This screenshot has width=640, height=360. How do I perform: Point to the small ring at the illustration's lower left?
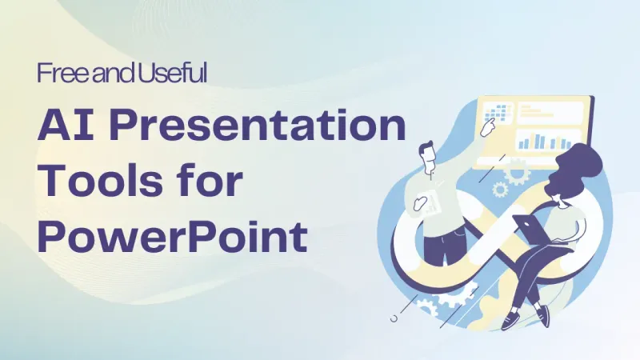(393, 319)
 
